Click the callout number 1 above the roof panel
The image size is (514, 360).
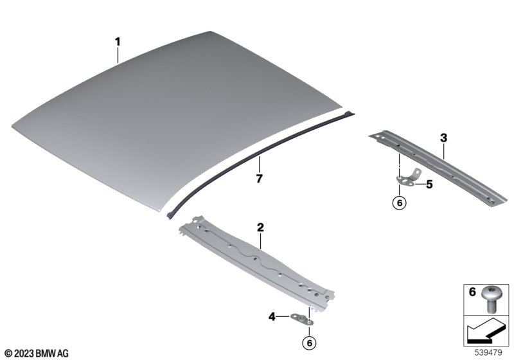click(x=118, y=42)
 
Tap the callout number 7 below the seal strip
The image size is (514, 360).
click(x=260, y=179)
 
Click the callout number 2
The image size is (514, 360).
click(x=260, y=227)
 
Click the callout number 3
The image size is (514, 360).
click(x=443, y=138)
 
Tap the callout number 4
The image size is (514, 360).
click(x=272, y=317)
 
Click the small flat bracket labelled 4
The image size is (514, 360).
click(x=301, y=319)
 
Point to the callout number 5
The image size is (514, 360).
click(x=429, y=184)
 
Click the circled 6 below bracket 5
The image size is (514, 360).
click(x=399, y=203)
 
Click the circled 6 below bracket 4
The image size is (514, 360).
click(x=309, y=343)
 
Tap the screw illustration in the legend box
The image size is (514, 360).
click(x=490, y=300)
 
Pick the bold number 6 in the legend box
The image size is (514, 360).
click(x=472, y=291)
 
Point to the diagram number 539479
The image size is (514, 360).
click(x=488, y=353)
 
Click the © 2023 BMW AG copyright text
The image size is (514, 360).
click(x=37, y=354)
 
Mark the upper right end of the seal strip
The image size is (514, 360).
click(x=353, y=113)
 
